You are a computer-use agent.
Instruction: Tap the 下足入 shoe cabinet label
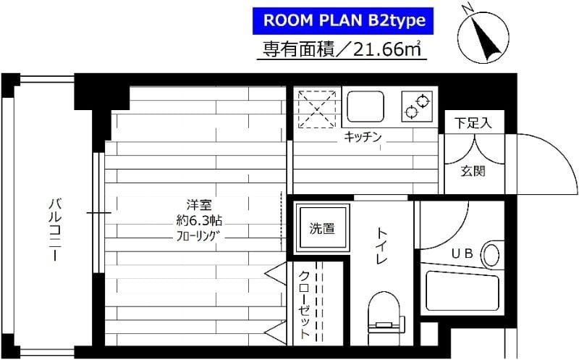(473, 123)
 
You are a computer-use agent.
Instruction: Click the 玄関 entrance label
(473, 172)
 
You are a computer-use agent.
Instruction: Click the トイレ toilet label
(381, 247)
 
